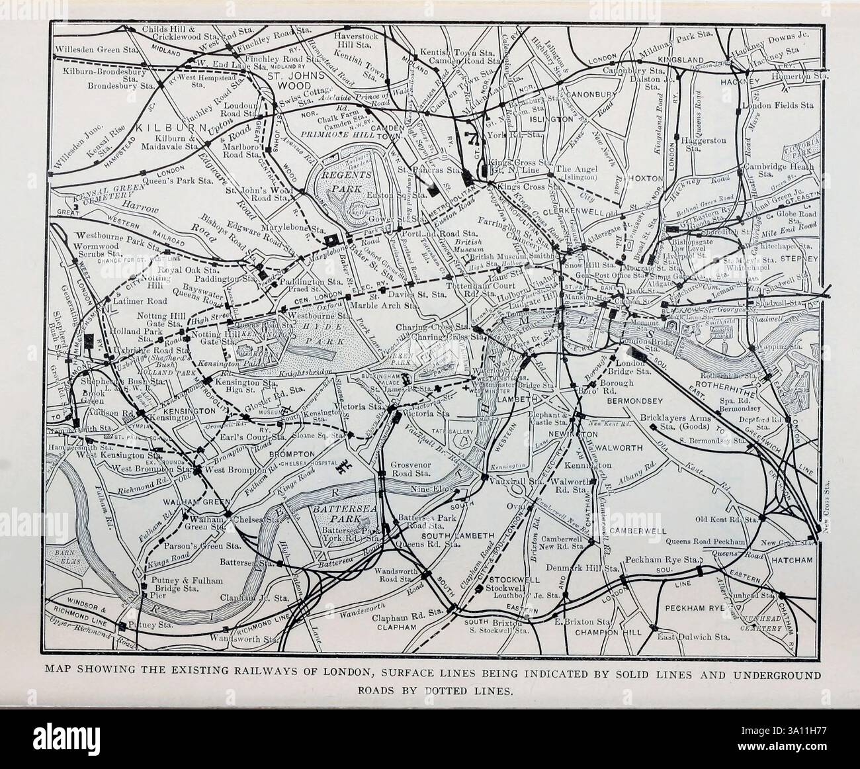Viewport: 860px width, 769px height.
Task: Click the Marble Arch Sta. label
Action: pyautogui.click(x=392, y=306)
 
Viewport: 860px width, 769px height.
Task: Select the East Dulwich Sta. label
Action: pyautogui.click(x=694, y=637)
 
